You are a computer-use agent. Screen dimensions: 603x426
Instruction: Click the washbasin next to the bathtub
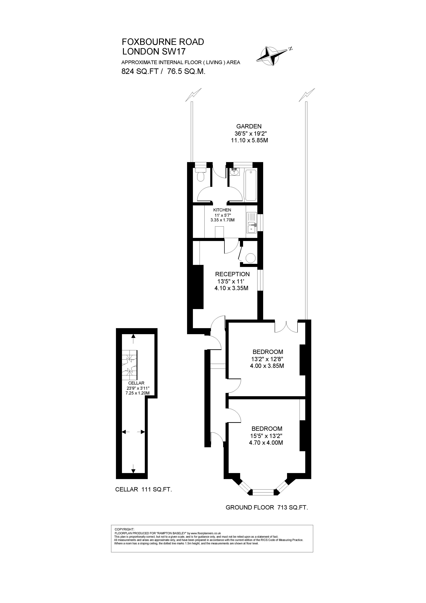point(234,172)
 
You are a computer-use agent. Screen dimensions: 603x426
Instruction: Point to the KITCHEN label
point(222,210)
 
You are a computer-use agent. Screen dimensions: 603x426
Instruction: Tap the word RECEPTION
point(232,274)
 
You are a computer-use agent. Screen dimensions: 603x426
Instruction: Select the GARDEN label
point(249,126)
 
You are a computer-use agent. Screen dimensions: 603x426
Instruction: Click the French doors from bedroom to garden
point(286,327)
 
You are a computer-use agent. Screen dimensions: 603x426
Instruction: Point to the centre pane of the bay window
point(263,492)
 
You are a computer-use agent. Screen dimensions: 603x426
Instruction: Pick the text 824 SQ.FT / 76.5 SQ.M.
point(163,72)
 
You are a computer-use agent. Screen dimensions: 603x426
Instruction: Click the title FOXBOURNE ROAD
point(163,42)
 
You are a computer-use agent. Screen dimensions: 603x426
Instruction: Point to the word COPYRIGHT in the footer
point(124,529)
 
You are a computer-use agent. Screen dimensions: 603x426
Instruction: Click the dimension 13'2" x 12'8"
point(267,359)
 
